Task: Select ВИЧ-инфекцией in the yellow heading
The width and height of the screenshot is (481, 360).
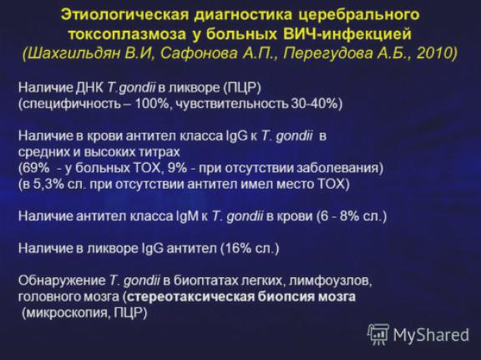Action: [x=347, y=34]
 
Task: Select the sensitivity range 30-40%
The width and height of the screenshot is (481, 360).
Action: [x=314, y=104]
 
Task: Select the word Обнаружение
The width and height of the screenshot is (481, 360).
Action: [x=62, y=281]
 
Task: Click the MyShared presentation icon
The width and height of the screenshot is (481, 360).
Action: [x=378, y=334]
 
